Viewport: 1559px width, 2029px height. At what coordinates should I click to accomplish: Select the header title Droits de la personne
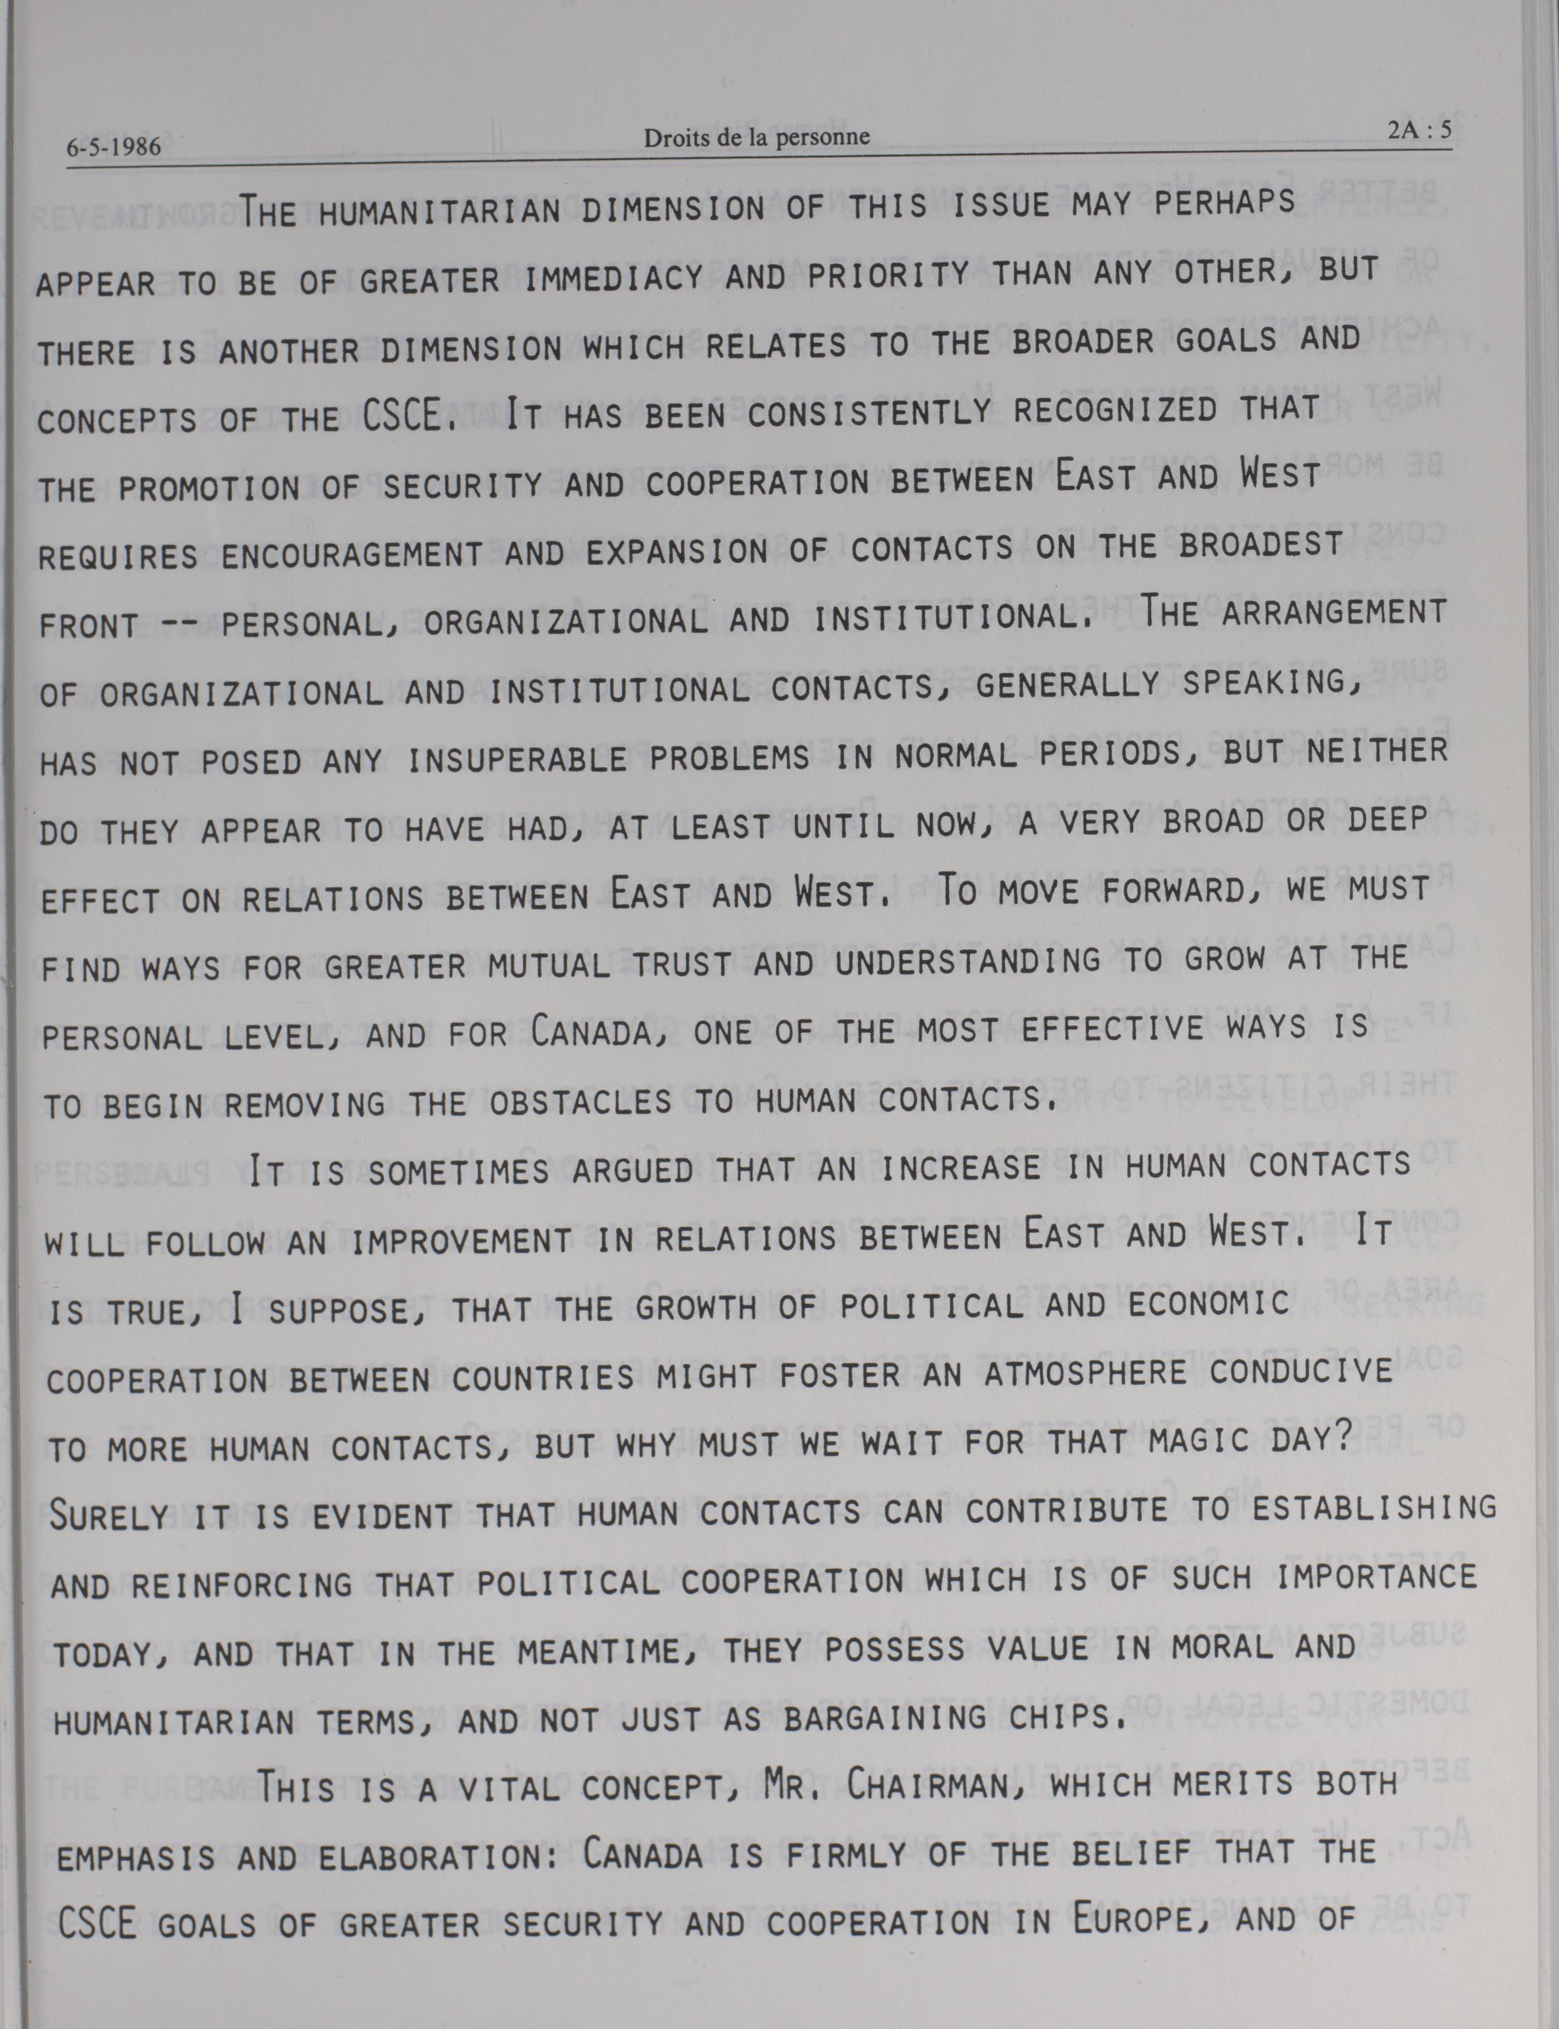756,137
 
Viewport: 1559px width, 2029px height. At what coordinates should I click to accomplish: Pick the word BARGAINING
877,1719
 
